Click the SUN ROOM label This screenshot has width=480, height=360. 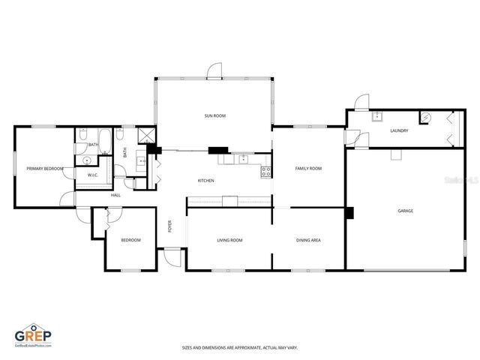[215, 116]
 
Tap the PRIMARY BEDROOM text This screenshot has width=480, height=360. [44, 169]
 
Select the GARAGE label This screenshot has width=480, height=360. [405, 211]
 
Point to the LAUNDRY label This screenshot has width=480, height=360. [399, 131]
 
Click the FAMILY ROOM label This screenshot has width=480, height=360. [308, 169]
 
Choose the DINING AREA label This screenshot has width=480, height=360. [308, 240]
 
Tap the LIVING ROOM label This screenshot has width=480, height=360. [229, 240]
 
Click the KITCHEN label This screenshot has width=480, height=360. [206, 181]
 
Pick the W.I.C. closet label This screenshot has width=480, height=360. [93, 175]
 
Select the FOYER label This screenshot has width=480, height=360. [170, 226]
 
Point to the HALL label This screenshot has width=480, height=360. [115, 195]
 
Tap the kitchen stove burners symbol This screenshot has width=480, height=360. [265, 171]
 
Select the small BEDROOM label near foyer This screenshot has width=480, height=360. [131, 240]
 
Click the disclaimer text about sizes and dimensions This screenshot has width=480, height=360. [239, 347]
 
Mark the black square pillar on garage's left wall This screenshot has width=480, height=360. [349, 212]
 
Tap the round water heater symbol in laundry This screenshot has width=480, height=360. [425, 117]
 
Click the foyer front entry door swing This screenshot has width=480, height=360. [172, 256]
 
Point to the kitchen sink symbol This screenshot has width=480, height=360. [243, 158]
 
